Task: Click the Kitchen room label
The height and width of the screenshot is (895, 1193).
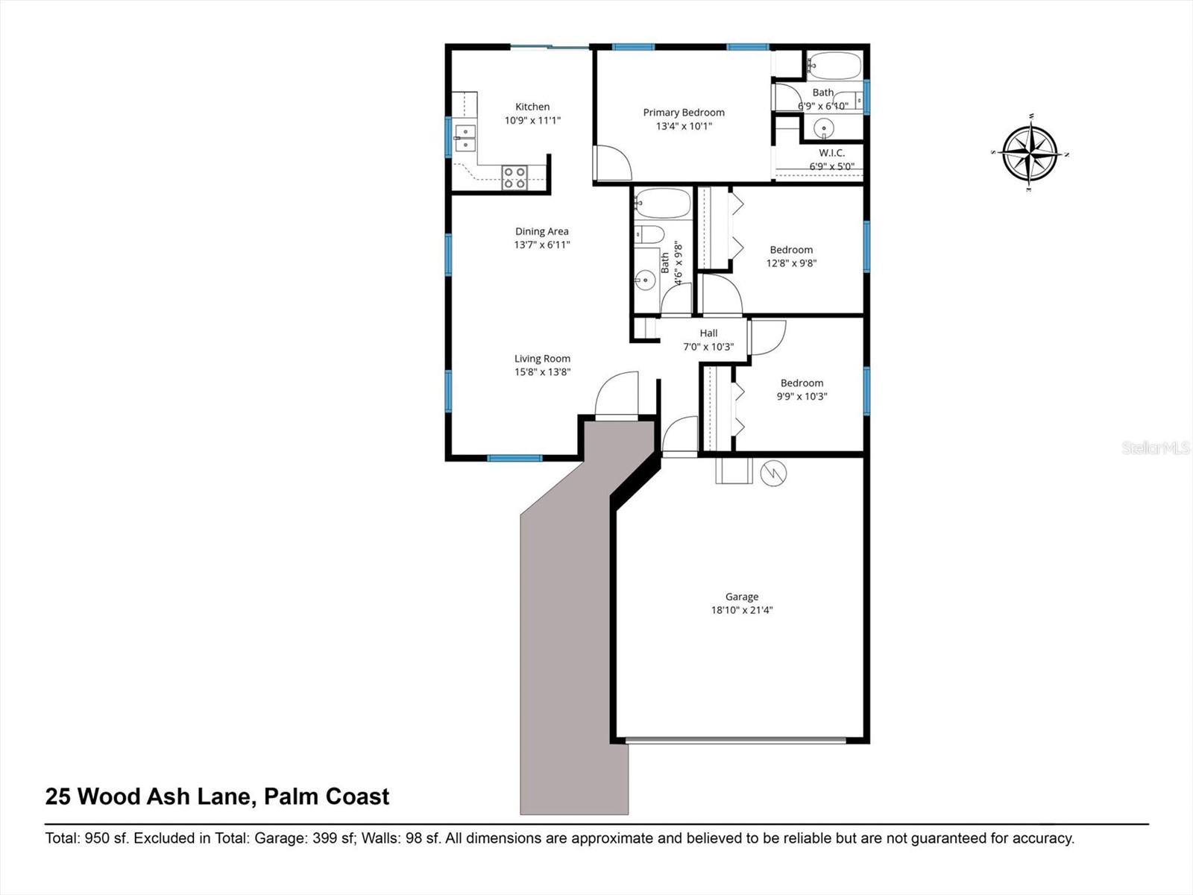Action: click(x=532, y=107)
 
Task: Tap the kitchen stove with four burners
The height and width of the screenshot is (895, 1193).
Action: click(x=514, y=178)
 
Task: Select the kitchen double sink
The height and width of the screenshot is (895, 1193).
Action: click(x=465, y=138)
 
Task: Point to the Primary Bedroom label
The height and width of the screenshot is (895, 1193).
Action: click(x=684, y=113)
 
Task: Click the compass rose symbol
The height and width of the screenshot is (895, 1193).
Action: click(x=1030, y=154)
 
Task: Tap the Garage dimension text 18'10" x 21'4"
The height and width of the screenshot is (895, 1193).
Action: click(x=742, y=610)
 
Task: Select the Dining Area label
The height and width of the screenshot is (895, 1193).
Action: click(x=542, y=231)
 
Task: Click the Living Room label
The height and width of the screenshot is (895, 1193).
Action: click(x=542, y=359)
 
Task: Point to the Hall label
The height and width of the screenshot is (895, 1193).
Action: click(x=708, y=333)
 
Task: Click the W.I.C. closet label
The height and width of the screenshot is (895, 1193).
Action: click(x=831, y=153)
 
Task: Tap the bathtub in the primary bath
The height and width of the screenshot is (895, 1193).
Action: click(x=834, y=66)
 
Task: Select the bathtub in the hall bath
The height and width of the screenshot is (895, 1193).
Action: click(x=663, y=203)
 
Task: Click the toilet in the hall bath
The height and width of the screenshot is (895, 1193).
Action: click(x=649, y=235)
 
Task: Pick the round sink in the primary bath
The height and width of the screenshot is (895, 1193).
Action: click(x=824, y=128)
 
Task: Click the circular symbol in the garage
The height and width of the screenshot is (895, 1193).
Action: click(x=773, y=473)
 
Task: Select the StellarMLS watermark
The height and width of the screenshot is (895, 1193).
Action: click(x=1155, y=448)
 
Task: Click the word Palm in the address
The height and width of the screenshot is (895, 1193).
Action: click(x=292, y=797)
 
